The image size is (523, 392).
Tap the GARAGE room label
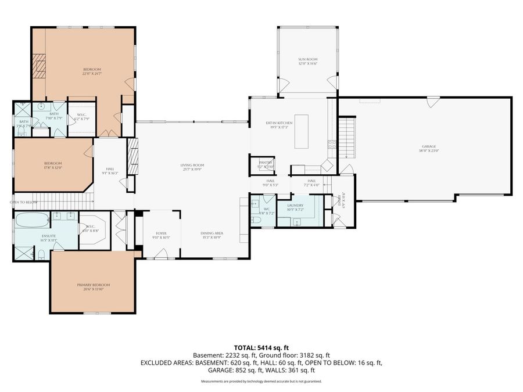pos(429,147)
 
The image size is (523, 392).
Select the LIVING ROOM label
pos(192,166)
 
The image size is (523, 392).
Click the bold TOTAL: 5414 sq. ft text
pos(261,347)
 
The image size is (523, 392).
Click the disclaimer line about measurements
pos(261,382)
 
